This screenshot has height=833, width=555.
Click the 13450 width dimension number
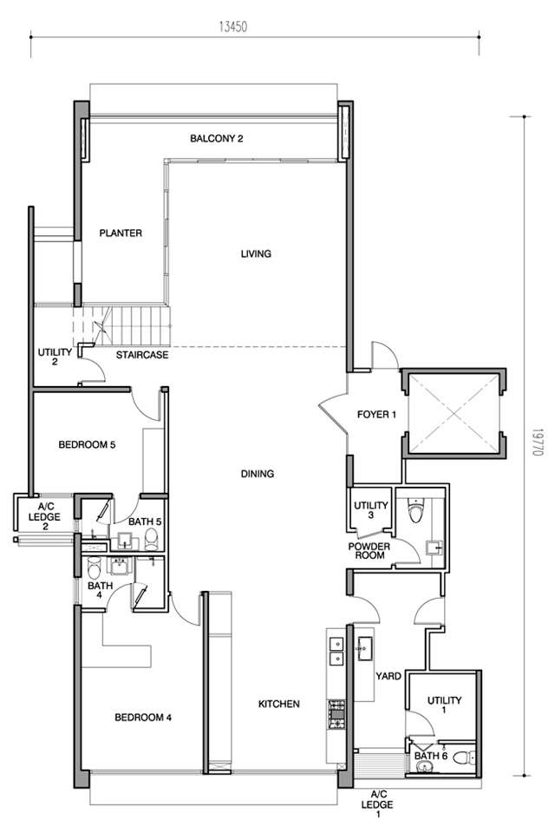point(233,27)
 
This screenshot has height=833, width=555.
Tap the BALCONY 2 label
point(217,139)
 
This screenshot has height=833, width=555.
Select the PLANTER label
point(121,233)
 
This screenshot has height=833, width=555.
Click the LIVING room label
point(256,254)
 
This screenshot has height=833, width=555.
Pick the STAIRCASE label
point(142,355)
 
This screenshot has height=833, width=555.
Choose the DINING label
point(258,474)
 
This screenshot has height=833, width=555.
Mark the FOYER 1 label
point(376,415)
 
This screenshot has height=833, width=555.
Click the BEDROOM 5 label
point(87,444)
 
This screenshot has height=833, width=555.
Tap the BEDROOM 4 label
point(143,718)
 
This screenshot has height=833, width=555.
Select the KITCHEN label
point(279,704)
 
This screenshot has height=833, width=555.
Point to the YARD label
point(388,676)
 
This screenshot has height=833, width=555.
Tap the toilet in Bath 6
point(468,757)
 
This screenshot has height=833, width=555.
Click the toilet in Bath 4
point(94,567)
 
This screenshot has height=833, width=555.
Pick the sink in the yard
point(364,648)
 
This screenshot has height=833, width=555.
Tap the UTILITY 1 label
point(445,705)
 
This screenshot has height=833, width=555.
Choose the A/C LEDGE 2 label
point(44,517)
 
